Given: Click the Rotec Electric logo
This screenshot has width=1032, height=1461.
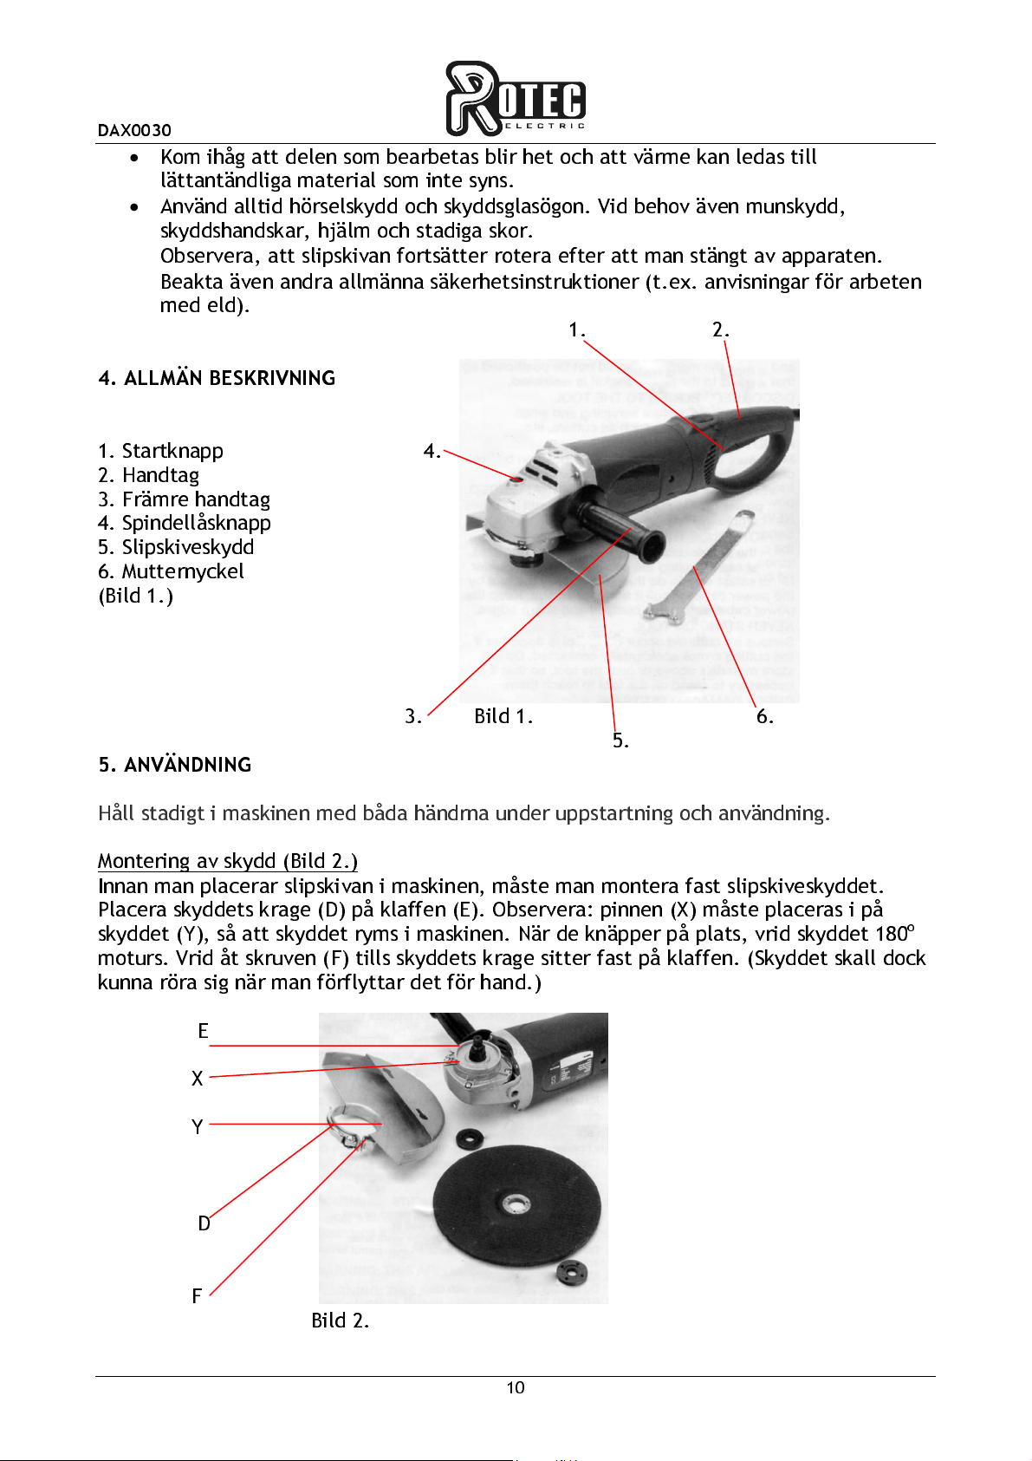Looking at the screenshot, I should tap(516, 99).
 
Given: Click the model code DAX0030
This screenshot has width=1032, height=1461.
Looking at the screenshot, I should tap(134, 131).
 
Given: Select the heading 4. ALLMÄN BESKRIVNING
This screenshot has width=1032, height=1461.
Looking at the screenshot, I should tap(217, 378).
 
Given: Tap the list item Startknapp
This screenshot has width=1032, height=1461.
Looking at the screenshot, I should tap(172, 451).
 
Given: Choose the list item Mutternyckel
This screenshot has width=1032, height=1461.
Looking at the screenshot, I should tap(182, 571).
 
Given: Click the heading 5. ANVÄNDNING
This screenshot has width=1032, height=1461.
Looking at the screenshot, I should tap(175, 765).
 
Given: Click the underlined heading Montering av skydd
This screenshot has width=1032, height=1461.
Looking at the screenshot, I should tap(227, 861).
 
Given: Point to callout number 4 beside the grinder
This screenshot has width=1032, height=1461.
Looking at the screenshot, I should tap(431, 451).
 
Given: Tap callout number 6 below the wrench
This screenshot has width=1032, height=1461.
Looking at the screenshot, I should tap(763, 716).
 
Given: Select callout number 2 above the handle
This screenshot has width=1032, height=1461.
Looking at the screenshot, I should tap(719, 329).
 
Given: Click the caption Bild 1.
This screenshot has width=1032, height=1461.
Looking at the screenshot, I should tap(503, 716).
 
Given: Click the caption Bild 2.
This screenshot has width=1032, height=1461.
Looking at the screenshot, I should tap(341, 1321).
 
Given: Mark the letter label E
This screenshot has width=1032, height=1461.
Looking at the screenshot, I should tap(203, 1031).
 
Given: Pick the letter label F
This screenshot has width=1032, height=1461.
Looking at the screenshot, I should tap(197, 1296).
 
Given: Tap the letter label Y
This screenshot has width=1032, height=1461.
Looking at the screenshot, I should tap(197, 1127).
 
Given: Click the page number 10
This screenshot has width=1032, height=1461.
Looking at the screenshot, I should tap(516, 1388).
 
